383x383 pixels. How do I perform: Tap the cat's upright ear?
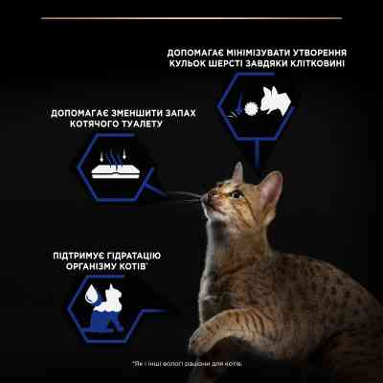tap(271, 181)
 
